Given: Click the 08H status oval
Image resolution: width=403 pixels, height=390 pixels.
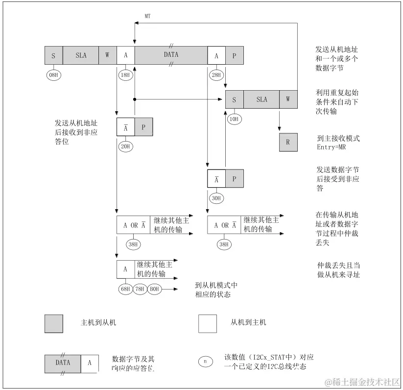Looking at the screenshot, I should [54, 75].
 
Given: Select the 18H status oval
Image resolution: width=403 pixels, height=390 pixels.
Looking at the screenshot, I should [125, 75].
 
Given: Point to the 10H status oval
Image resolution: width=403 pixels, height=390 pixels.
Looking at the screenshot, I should [234, 119].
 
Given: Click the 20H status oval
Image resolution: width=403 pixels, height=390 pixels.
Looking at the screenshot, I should [125, 146].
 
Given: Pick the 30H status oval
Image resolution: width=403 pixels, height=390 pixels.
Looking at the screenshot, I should [216, 198].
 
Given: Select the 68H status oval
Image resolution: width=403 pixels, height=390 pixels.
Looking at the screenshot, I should [125, 289].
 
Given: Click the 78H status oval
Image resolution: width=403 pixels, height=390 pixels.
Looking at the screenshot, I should [140, 289].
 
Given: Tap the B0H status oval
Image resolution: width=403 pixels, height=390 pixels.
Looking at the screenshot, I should [154, 289].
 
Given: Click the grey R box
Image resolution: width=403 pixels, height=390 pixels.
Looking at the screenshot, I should [288, 142].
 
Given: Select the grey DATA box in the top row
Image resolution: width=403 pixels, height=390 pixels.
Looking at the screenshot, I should [171, 55].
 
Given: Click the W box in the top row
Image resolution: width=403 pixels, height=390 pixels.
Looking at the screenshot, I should [107, 55].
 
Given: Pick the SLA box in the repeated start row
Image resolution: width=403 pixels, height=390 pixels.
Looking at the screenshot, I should [261, 99].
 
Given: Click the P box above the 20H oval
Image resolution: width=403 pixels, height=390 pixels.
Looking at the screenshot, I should [143, 127].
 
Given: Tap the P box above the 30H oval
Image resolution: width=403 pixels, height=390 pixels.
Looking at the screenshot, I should [235, 179].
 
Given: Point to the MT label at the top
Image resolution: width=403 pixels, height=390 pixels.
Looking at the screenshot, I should [147, 16].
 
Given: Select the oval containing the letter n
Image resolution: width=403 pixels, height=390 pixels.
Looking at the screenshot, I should [206, 362].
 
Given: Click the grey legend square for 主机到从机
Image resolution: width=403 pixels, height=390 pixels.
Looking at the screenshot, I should [54, 323].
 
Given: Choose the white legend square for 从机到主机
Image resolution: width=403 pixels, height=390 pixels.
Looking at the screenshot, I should [207, 323].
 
